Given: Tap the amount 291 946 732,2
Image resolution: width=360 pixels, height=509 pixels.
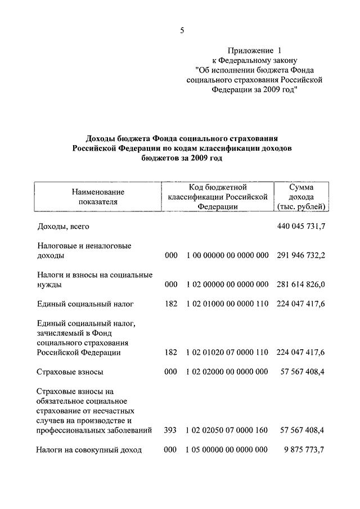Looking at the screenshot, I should pyautogui.click(x=301, y=255).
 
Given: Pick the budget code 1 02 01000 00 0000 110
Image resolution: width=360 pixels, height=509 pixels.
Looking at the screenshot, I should pyautogui.click(x=227, y=304).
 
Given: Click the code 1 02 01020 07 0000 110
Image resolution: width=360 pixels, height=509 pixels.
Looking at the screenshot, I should pyautogui.click(x=227, y=353).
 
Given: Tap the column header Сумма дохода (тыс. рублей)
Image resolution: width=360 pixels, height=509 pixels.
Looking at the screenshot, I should pyautogui.click(x=301, y=197).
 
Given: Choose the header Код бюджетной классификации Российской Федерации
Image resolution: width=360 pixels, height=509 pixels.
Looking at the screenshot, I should pyautogui.click(x=217, y=197).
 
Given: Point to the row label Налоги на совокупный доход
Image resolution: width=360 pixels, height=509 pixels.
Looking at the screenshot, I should pyautogui.click(x=89, y=450).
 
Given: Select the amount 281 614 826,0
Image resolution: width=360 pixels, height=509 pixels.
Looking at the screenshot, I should pyautogui.click(x=301, y=285).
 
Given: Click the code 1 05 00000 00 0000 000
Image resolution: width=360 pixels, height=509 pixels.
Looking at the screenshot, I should pyautogui.click(x=227, y=450).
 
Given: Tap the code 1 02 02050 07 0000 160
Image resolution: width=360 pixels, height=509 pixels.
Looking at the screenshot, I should pyautogui.click(x=227, y=430).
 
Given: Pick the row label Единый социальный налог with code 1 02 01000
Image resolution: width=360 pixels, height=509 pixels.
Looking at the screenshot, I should pyautogui.click(x=85, y=304).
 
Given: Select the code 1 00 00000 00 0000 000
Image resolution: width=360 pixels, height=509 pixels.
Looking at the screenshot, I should pyautogui.click(x=227, y=255).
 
